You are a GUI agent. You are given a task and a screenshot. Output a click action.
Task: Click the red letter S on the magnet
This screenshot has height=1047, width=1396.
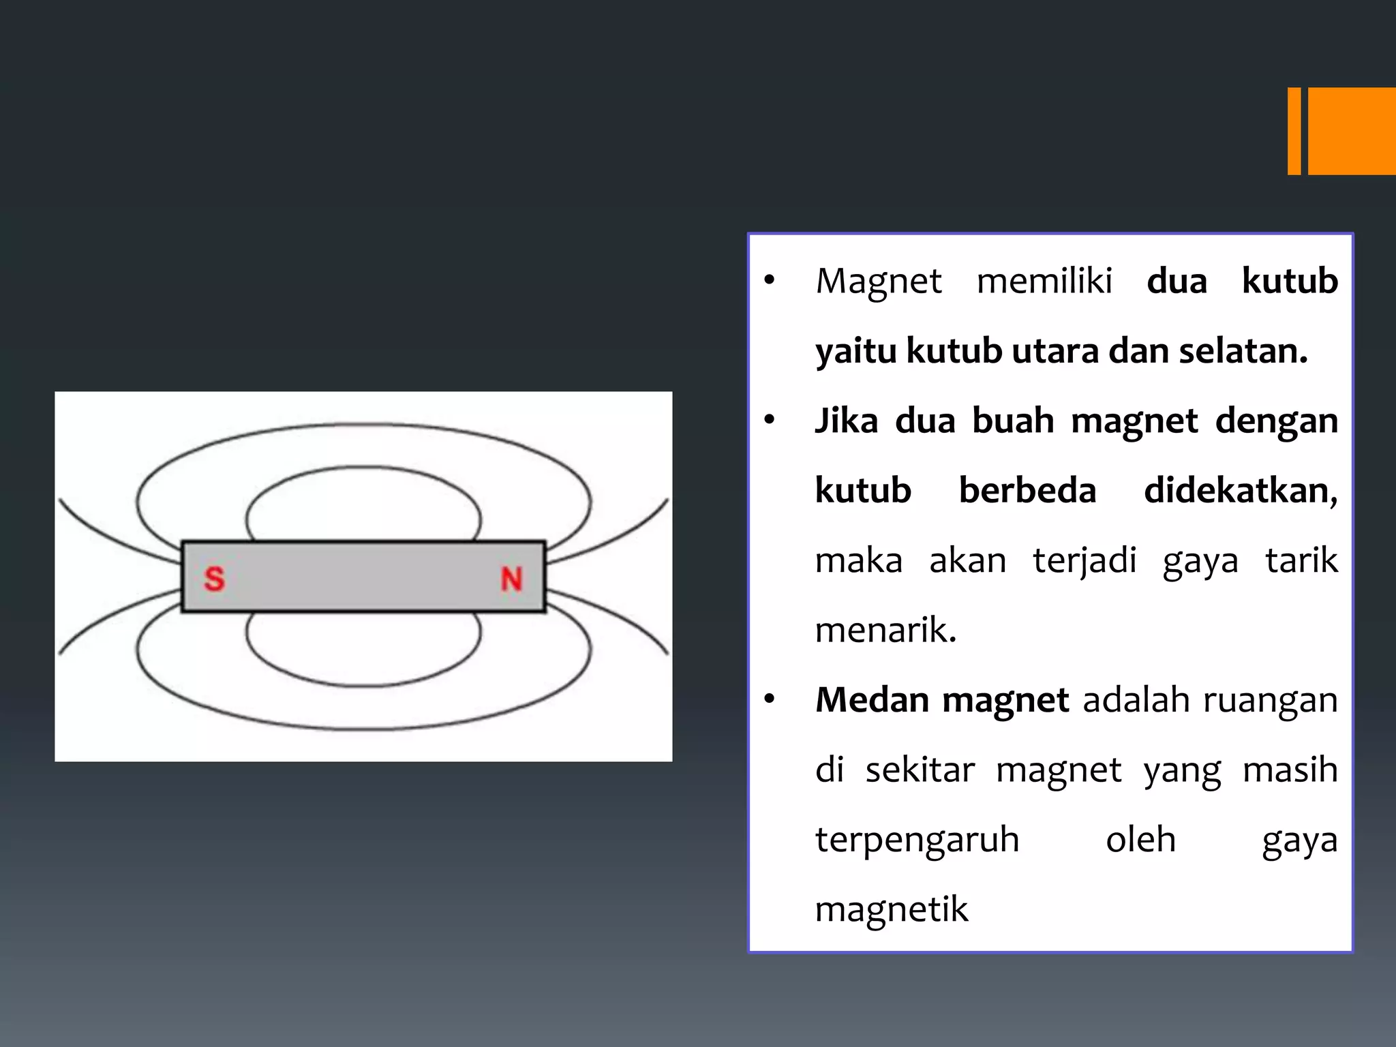[214, 579]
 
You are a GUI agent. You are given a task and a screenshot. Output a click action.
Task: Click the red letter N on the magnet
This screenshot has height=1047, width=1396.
[512, 579]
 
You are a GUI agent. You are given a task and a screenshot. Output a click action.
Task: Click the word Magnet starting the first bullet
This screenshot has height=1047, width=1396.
[879, 282]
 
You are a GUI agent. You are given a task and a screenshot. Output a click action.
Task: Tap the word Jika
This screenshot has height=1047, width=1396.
[847, 421]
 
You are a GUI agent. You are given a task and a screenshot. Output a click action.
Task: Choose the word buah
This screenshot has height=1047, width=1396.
[1013, 421]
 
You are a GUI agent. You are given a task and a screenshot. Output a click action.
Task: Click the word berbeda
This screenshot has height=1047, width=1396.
[1027, 490]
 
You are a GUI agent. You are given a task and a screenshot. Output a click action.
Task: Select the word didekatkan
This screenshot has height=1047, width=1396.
[1241, 491]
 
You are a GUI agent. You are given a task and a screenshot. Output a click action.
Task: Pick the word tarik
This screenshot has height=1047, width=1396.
[1301, 560]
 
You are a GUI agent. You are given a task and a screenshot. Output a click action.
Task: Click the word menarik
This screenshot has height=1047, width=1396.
[885, 630]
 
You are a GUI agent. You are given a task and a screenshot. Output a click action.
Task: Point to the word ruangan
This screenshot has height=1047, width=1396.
[1270, 701]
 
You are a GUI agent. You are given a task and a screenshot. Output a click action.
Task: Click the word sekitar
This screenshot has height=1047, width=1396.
[920, 770]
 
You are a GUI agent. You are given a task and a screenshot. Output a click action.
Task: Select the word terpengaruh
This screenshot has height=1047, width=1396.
[917, 840]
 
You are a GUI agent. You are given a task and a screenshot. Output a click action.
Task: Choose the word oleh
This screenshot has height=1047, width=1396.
[1140, 839]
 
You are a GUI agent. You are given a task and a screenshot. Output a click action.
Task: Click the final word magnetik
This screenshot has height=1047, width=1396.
[891, 910]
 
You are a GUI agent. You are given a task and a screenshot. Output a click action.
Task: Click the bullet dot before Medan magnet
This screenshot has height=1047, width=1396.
[770, 699]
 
